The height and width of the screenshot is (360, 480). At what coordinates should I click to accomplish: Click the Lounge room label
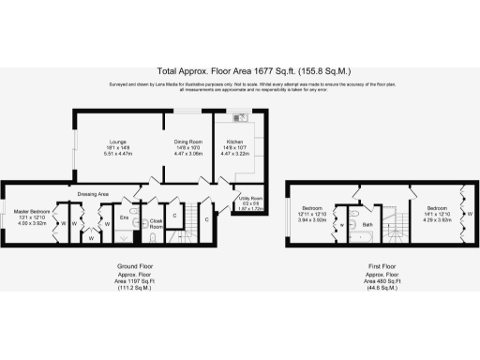117,142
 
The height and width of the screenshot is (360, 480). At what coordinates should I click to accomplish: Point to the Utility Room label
252,200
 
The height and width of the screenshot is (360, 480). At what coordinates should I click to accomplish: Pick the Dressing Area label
94,193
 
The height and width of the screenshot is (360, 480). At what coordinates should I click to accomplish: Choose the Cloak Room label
157,224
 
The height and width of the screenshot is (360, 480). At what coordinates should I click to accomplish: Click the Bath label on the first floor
367,225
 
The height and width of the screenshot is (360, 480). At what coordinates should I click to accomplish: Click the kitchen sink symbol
239,118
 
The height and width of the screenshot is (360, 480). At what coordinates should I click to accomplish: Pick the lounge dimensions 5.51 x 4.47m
117,154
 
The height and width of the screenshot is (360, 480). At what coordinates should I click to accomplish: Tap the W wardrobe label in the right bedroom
469,214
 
